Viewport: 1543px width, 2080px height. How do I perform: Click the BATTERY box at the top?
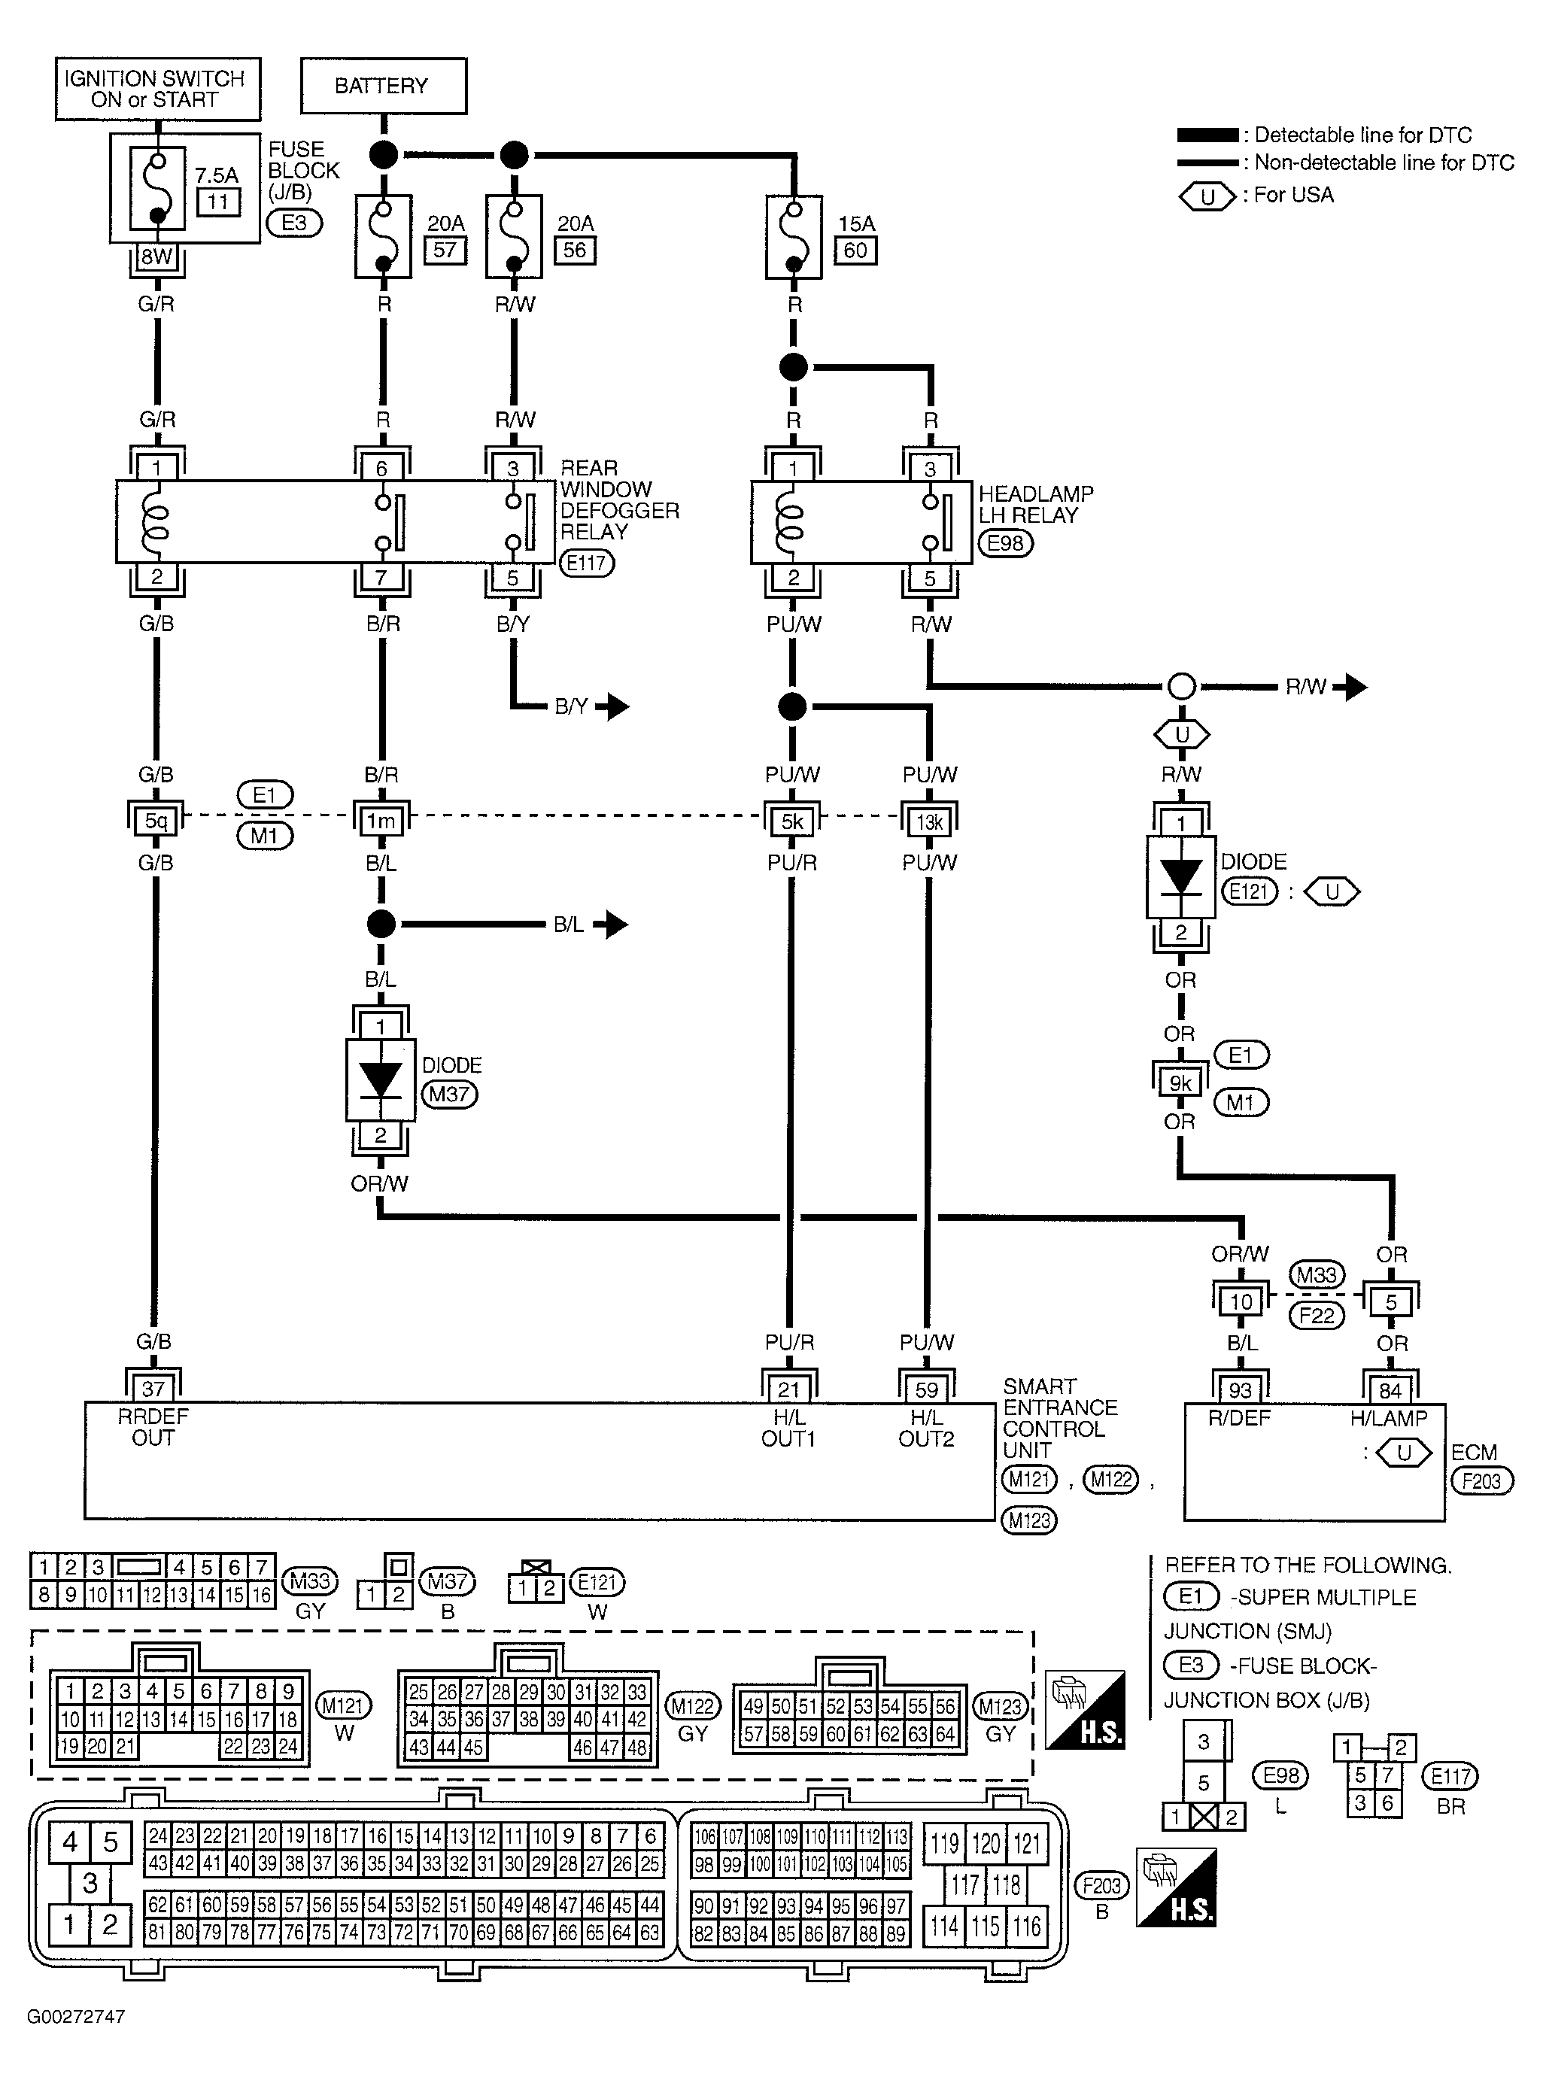(383, 86)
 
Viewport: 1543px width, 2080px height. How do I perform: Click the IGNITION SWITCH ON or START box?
(157, 89)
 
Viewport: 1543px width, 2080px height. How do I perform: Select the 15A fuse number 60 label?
(855, 251)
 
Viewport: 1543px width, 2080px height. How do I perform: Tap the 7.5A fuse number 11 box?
(217, 202)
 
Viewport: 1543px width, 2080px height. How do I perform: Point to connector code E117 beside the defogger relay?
(587, 563)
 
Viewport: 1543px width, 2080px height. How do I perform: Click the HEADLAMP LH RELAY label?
(1035, 504)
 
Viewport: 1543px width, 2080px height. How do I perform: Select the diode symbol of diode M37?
(380, 1079)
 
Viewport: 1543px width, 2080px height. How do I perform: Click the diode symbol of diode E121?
(1180, 877)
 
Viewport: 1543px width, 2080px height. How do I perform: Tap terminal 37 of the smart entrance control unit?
(153, 1389)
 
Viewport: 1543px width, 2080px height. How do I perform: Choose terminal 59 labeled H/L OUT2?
(925, 1389)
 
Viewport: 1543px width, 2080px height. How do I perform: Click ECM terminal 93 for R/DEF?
(1240, 1389)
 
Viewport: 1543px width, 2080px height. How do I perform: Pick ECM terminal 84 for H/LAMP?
(1390, 1389)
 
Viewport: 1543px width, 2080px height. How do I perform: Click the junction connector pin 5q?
(156, 821)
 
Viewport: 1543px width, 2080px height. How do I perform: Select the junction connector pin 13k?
(928, 821)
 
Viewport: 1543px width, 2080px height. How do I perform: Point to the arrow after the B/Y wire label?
(614, 706)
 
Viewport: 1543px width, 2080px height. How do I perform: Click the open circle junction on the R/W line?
(1182, 687)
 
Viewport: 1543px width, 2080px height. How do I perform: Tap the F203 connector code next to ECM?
(1481, 1480)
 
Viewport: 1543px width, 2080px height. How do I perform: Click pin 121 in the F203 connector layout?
(1026, 1843)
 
